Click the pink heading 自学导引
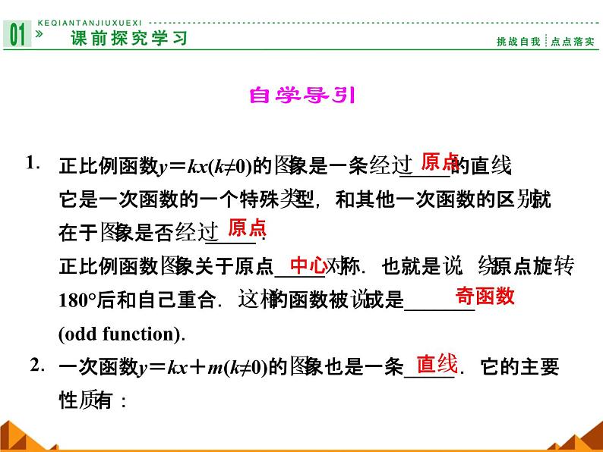[302, 96]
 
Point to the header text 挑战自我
[519, 42]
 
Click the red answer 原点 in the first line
[440, 161]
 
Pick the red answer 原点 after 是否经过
[247, 227]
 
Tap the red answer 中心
[308, 265]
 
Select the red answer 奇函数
[485, 296]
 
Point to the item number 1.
[32, 162]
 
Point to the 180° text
[81, 301]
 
